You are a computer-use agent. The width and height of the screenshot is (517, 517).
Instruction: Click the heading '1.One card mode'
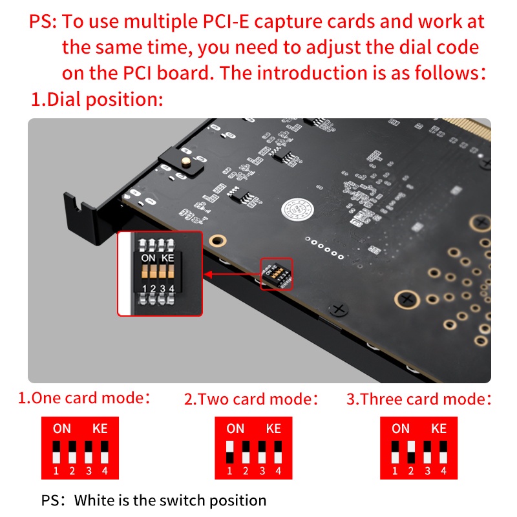coord(84,397)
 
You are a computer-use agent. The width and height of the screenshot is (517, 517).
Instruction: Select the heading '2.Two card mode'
coord(251,399)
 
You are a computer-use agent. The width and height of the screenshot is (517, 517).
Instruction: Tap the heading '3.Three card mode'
coord(419,399)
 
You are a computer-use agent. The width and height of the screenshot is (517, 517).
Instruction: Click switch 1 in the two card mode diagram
coord(230,452)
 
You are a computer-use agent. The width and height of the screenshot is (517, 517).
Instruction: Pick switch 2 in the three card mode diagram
coord(411,452)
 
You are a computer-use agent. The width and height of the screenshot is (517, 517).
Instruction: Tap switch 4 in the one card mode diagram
coord(105,452)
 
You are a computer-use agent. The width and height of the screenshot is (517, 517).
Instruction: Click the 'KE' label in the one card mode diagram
coord(100,428)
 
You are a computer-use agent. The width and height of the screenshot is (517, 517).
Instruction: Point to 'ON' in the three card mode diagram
coord(401,428)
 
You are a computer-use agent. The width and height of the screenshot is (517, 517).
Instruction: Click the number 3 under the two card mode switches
coord(262,471)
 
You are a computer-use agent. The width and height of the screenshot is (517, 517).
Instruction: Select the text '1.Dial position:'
coord(97,100)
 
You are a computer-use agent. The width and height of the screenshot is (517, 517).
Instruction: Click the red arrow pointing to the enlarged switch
coord(232,274)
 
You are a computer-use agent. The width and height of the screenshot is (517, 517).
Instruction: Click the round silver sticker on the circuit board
coord(297,209)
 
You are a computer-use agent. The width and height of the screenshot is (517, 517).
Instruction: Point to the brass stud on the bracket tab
coord(186,162)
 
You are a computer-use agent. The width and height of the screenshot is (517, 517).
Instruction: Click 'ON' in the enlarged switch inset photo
coord(148,258)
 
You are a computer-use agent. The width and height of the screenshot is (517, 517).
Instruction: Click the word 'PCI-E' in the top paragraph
coord(226,22)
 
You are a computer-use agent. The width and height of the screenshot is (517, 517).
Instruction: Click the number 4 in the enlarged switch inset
coord(171,288)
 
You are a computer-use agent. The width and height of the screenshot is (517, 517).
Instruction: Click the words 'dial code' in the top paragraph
coord(439,47)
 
